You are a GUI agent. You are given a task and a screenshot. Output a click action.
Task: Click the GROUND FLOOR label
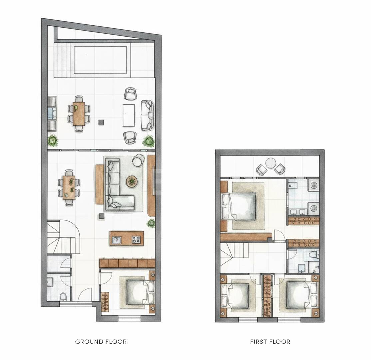(x=101, y=342)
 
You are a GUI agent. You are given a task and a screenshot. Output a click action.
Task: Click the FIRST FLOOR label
(x=270, y=342)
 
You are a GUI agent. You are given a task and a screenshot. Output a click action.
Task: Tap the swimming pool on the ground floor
(x=100, y=60)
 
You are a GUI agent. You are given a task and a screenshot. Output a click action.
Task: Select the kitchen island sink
(x=117, y=240)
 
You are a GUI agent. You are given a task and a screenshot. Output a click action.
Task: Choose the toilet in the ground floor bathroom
(x=63, y=297)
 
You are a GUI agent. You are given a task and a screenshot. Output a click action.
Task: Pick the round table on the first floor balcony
(x=271, y=163)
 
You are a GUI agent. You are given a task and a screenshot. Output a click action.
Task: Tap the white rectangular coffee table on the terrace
(x=129, y=115)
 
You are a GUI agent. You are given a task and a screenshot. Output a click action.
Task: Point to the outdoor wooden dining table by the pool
(x=79, y=114)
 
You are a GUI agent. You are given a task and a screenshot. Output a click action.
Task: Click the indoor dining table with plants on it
(x=69, y=188)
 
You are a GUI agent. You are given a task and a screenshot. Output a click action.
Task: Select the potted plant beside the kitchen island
(x=151, y=223)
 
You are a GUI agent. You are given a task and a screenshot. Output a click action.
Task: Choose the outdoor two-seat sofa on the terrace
(x=147, y=115)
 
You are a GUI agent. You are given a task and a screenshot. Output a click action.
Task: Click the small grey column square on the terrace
(x=101, y=122)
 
